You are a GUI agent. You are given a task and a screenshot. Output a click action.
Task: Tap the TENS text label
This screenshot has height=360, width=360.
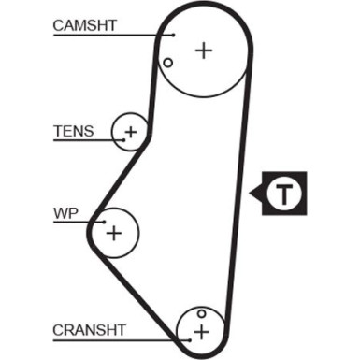pos(73,131)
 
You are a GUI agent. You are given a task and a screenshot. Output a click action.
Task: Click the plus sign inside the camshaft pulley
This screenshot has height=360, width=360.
pos(203,50)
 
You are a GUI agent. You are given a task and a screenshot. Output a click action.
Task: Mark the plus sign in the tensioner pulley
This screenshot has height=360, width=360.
pos(131,132)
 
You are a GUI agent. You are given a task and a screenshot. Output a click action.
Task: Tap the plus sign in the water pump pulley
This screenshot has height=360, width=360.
pos(114,231)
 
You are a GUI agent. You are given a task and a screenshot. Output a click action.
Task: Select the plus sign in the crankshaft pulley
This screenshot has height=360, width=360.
pos(200,331)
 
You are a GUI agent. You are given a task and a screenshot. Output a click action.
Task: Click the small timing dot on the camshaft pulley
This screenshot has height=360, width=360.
pos(167,64)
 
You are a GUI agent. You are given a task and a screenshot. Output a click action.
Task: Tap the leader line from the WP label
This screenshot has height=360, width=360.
pos(79,222)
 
